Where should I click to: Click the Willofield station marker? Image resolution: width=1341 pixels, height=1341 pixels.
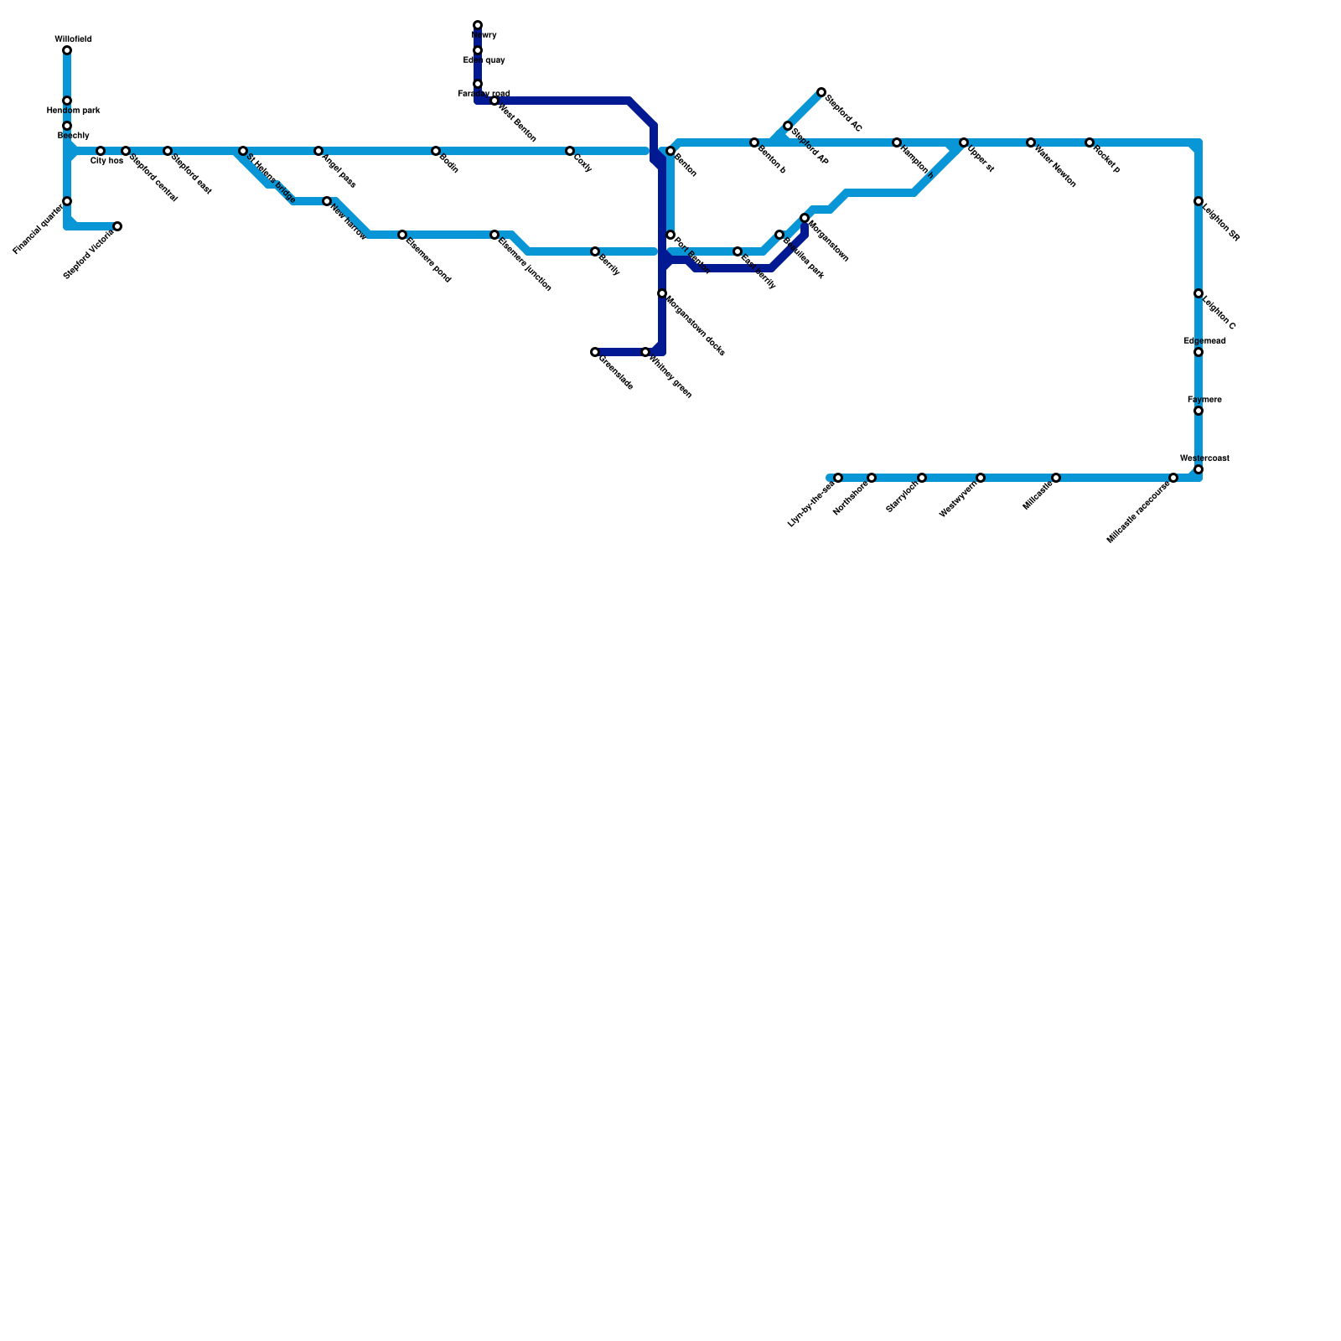(67, 51)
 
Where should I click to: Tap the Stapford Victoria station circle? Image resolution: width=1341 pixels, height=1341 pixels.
(117, 226)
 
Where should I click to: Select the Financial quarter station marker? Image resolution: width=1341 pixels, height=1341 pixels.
(67, 201)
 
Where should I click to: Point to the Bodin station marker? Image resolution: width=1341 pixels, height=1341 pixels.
(436, 151)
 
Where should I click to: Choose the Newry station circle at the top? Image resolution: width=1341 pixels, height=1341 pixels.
(478, 26)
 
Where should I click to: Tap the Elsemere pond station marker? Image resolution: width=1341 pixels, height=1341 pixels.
(402, 235)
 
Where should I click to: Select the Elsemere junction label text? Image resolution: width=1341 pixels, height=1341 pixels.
(525, 265)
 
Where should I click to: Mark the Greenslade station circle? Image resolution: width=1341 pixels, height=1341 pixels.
(595, 352)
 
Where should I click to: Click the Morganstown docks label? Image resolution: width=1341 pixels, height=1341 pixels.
(696, 325)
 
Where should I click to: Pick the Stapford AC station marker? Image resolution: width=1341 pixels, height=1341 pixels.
(821, 92)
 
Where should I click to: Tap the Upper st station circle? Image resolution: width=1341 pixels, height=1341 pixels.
(964, 142)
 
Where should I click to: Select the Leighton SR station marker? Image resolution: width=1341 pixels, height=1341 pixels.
(1199, 201)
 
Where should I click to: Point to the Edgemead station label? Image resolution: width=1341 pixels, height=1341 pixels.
(1205, 341)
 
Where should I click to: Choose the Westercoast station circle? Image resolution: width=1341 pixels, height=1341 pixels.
(1199, 469)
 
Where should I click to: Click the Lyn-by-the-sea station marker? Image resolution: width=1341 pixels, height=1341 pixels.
(838, 478)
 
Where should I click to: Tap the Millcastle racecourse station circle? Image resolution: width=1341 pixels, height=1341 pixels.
(1173, 478)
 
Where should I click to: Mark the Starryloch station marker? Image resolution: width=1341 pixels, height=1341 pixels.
(922, 478)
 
